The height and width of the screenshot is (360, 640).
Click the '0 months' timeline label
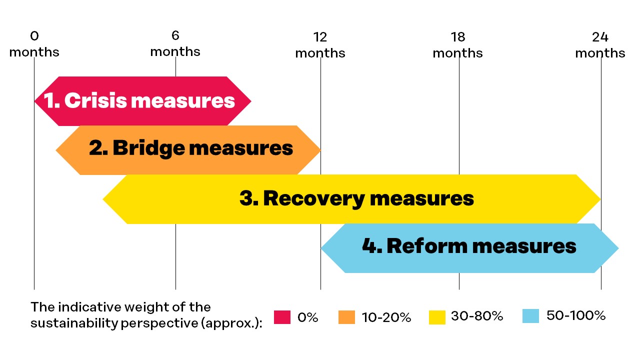(34, 44)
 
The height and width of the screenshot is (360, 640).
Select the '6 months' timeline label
(175, 43)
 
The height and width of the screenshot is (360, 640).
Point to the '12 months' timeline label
(320, 45)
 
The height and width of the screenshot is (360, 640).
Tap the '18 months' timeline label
(457, 45)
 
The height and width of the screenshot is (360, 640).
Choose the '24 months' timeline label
(600, 45)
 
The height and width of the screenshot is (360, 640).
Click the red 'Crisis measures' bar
(142, 101)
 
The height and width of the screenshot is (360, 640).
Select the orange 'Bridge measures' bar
(188, 150)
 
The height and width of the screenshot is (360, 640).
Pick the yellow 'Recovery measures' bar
(351, 199)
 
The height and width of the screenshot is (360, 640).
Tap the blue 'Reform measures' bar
(469, 248)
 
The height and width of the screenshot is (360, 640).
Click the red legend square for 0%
(282, 317)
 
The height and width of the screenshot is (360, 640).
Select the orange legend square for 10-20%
(346, 317)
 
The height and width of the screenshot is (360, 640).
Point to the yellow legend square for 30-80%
(437, 317)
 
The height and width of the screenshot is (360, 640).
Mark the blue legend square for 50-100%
(530, 316)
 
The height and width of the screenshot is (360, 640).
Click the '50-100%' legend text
(576, 315)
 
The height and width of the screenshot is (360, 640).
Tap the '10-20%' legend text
(386, 317)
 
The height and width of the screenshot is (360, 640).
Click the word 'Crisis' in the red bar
(95, 100)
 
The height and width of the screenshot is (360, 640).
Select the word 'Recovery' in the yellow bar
(313, 199)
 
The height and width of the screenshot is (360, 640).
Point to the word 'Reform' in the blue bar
(427, 246)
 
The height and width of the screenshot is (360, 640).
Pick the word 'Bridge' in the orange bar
(149, 148)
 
